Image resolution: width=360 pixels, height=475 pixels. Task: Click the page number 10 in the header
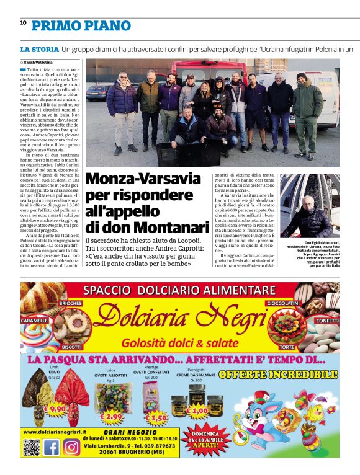(23, 22)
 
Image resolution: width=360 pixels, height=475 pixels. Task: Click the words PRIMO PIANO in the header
(81, 25)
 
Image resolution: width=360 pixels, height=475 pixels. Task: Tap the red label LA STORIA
(39, 48)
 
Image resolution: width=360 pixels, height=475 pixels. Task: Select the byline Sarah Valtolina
(38, 62)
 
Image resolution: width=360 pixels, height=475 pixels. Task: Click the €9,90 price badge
(55, 410)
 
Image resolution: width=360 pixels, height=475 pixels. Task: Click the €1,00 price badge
(198, 410)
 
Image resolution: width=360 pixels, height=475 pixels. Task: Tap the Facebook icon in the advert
(52, 447)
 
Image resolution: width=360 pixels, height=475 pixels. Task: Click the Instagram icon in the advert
(71, 447)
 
